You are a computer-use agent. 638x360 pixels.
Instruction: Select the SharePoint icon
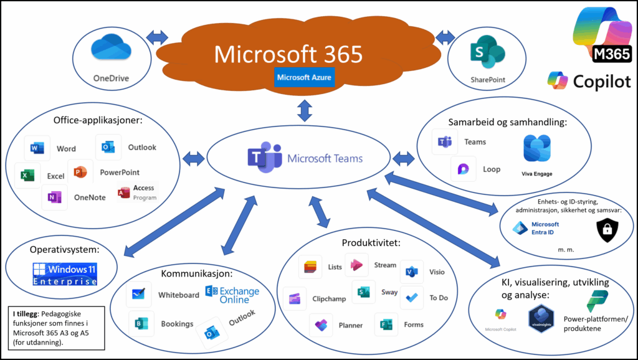coord(487,52)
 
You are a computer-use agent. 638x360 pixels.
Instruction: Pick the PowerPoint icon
coord(80,172)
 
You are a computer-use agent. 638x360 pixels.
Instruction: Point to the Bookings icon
coord(138,323)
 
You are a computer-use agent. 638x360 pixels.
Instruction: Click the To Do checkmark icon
coord(411,297)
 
